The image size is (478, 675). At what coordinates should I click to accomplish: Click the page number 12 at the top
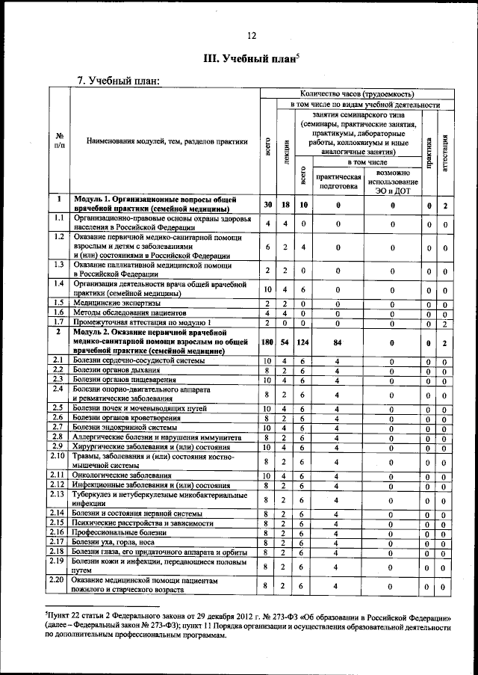point(252,35)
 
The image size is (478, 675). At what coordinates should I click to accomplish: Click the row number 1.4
point(58,285)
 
